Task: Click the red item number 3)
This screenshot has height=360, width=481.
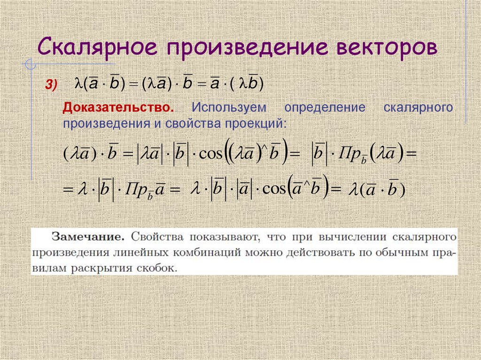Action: pos(51,84)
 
